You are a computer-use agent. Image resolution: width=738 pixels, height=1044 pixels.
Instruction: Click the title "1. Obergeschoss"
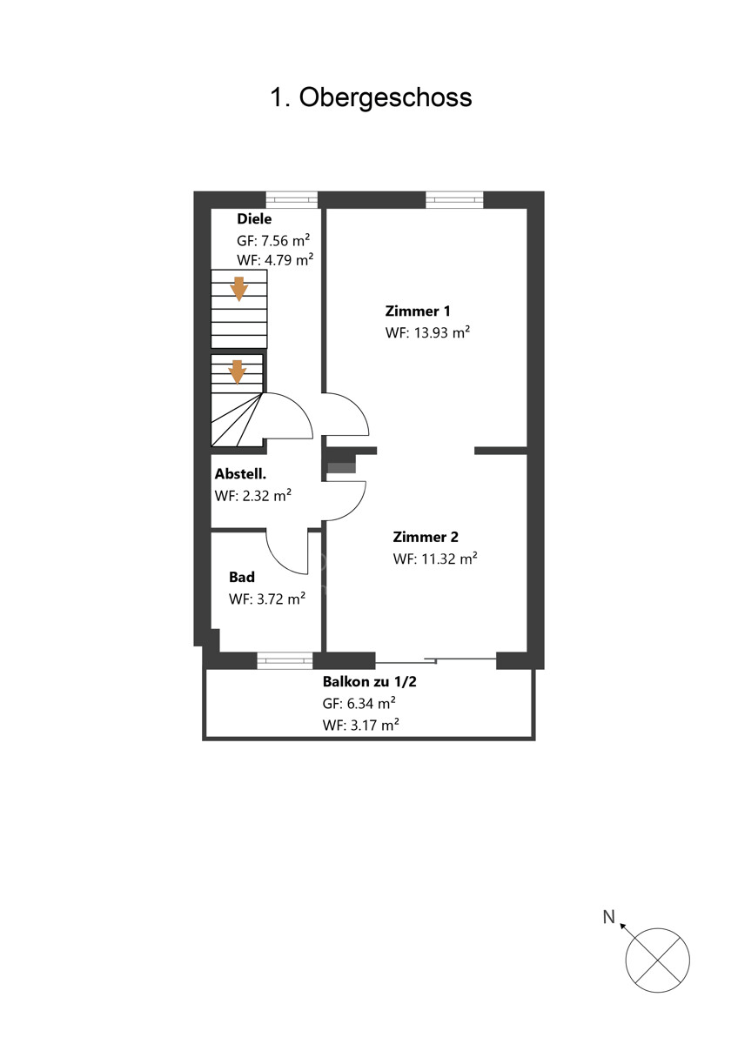coord(371,97)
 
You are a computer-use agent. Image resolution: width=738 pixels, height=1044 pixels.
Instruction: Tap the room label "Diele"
coord(254,218)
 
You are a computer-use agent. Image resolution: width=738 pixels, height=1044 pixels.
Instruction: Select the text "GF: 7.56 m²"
coord(273,240)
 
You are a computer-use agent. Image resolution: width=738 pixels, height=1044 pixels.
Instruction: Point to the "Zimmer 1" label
coord(418,311)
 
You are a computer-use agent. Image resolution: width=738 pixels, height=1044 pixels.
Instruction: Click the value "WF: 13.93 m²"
coord(427,332)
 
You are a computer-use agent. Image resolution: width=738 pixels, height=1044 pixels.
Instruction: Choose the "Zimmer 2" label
coord(426,537)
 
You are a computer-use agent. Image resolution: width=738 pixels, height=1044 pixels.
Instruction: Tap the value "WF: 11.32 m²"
coord(435,558)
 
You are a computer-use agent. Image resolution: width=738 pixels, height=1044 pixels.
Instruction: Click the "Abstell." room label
coord(240,474)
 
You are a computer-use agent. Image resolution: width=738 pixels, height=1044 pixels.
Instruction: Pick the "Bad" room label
coord(241,577)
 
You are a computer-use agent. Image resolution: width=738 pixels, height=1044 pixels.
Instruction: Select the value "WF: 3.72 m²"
coord(267,599)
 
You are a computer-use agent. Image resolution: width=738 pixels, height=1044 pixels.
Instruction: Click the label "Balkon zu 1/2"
coord(369,682)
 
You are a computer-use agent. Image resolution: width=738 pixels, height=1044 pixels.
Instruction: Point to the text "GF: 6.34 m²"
coord(359,703)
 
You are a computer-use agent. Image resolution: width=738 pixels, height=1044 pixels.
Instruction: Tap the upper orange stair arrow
coord(239,289)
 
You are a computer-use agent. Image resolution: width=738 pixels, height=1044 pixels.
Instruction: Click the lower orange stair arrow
coord(238,372)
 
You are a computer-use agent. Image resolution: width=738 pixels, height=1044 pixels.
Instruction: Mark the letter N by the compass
coord(609,917)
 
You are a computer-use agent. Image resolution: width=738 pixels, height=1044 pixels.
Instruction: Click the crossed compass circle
coord(657,960)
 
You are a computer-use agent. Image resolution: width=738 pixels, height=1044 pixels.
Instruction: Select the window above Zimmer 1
coord(454,199)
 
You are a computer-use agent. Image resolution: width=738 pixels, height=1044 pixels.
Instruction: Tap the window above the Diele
coord(292,199)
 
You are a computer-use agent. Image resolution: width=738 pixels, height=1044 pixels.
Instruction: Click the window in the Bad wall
coord(285,660)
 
